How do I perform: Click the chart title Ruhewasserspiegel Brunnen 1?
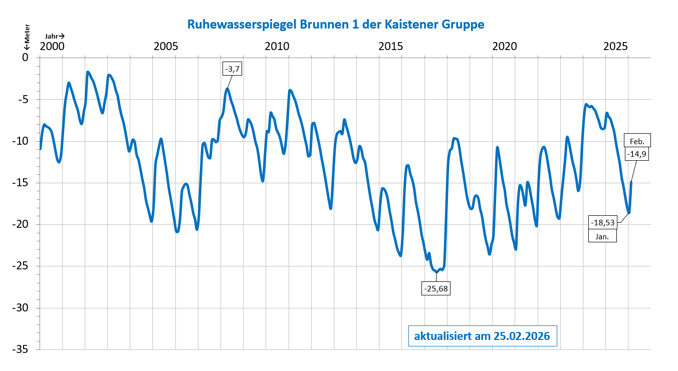click(335, 24)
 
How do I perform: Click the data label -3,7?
click(232, 69)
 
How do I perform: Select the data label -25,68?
click(435, 288)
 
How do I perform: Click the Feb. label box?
click(636, 141)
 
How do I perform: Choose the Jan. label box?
click(602, 236)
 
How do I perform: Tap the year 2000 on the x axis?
click(52, 47)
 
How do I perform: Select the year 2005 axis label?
click(165, 47)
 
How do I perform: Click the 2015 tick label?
click(390, 47)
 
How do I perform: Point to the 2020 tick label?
click(505, 47)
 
